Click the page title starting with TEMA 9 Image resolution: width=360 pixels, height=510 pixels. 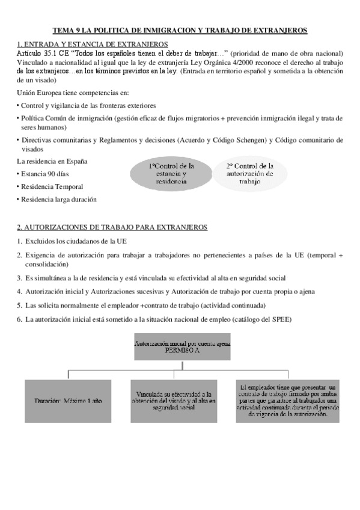(x=180, y=29)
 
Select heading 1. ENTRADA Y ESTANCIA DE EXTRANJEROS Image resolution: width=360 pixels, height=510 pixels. (x=93, y=45)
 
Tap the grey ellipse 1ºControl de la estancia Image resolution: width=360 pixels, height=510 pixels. (x=171, y=173)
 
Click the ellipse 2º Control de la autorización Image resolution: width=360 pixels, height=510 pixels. (x=250, y=173)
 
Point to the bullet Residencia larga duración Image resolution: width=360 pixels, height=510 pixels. (x=58, y=200)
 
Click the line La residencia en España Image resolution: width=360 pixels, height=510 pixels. (x=52, y=161)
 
